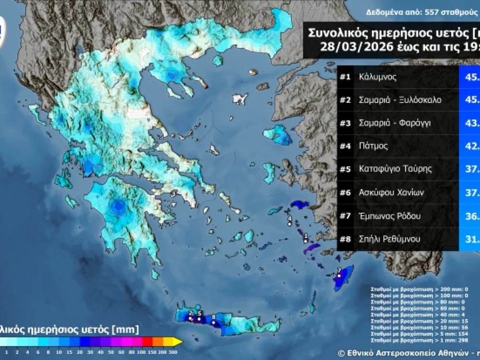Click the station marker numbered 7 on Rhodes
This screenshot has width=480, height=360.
click(x=338, y=276)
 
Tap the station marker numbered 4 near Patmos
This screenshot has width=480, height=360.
click(x=290, y=224)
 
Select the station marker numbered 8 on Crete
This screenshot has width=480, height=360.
click(x=214, y=322)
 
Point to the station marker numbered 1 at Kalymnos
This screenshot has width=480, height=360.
click(x=305, y=241)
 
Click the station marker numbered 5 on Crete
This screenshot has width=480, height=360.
click(x=199, y=319)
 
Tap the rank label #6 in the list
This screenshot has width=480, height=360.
click(x=345, y=193)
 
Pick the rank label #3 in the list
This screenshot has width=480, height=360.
click(x=345, y=123)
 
